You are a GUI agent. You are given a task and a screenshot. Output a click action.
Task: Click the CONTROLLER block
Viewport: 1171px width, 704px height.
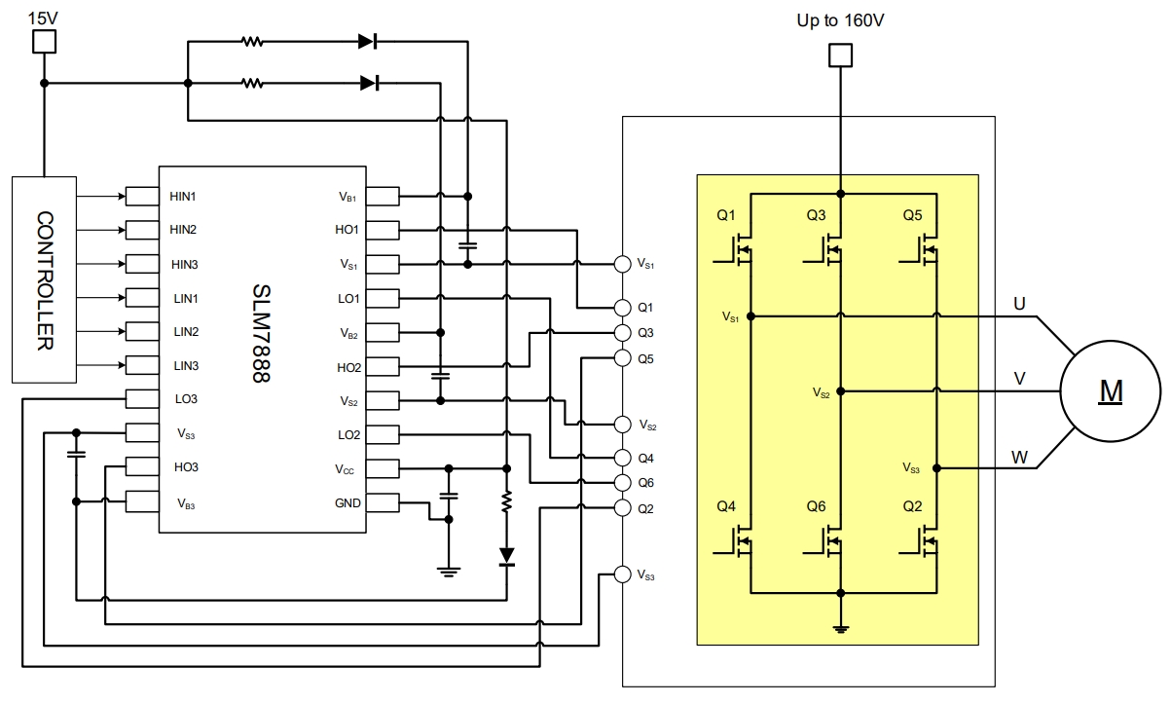44,279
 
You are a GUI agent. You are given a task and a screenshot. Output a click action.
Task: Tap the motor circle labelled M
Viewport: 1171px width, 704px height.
1111,391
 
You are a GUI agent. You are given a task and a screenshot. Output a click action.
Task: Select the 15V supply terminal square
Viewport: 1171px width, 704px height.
44,41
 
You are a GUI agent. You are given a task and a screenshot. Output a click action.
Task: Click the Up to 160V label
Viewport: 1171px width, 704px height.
841,20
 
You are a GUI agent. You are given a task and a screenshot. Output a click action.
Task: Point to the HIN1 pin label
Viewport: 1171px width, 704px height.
183,197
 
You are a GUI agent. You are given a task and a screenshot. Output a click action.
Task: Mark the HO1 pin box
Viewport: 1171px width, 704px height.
384,231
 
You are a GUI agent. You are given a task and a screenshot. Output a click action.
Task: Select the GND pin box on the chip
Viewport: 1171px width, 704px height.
384,503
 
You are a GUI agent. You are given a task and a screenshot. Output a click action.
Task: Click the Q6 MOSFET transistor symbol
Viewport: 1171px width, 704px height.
829,539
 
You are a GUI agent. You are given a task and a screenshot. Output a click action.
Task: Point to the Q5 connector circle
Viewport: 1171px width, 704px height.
623,358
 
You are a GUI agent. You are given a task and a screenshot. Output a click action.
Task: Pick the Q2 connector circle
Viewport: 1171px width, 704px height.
623,507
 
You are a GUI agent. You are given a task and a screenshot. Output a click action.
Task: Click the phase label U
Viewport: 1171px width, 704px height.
1019,304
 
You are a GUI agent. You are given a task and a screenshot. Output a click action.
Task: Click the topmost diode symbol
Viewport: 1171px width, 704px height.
367,42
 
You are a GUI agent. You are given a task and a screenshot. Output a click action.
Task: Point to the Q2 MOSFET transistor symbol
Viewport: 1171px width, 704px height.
926,539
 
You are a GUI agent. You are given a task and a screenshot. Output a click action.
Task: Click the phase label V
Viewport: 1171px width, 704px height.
1019,379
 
